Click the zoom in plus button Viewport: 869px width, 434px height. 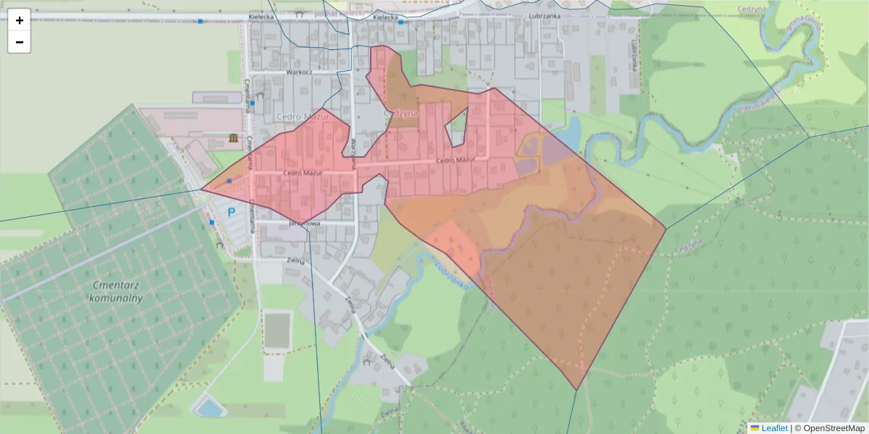(x=20, y=20)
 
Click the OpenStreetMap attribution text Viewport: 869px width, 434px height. (x=829, y=428)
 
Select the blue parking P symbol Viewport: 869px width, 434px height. (x=232, y=213)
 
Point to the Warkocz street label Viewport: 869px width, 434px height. (x=298, y=72)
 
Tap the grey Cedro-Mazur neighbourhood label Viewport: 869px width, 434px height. (x=303, y=116)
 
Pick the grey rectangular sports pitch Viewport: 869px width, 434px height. (x=276, y=330)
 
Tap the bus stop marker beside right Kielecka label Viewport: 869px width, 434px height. (x=400, y=22)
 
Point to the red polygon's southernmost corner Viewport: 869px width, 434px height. (x=576, y=390)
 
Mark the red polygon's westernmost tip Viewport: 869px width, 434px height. (x=201, y=191)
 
